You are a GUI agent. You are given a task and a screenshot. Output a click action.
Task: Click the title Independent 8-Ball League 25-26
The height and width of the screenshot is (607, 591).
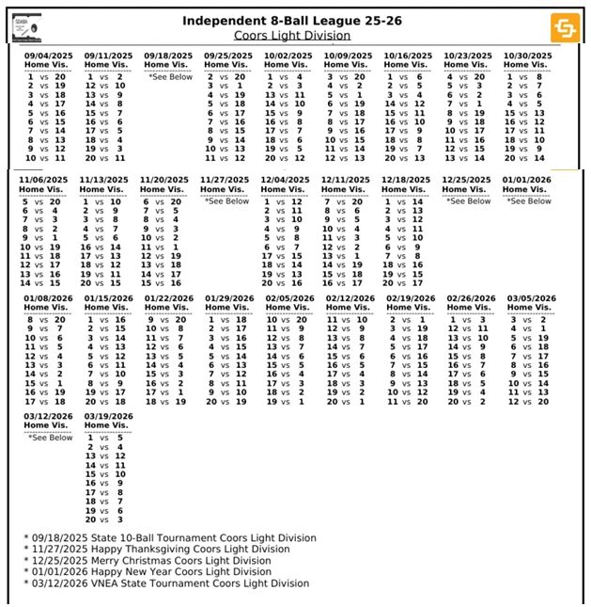pos(291,21)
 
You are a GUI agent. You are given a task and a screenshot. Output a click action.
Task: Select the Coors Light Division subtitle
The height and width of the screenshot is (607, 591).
pos(291,36)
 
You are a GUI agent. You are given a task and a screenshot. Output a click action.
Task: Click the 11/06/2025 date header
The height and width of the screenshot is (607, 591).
pos(42,179)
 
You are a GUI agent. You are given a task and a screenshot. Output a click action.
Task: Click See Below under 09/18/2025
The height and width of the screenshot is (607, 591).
pos(169,77)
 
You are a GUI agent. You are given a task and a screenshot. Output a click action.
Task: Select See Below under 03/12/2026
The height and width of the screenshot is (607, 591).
pos(50,437)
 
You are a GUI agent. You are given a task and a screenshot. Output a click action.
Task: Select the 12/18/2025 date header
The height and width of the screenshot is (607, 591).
pos(408,179)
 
